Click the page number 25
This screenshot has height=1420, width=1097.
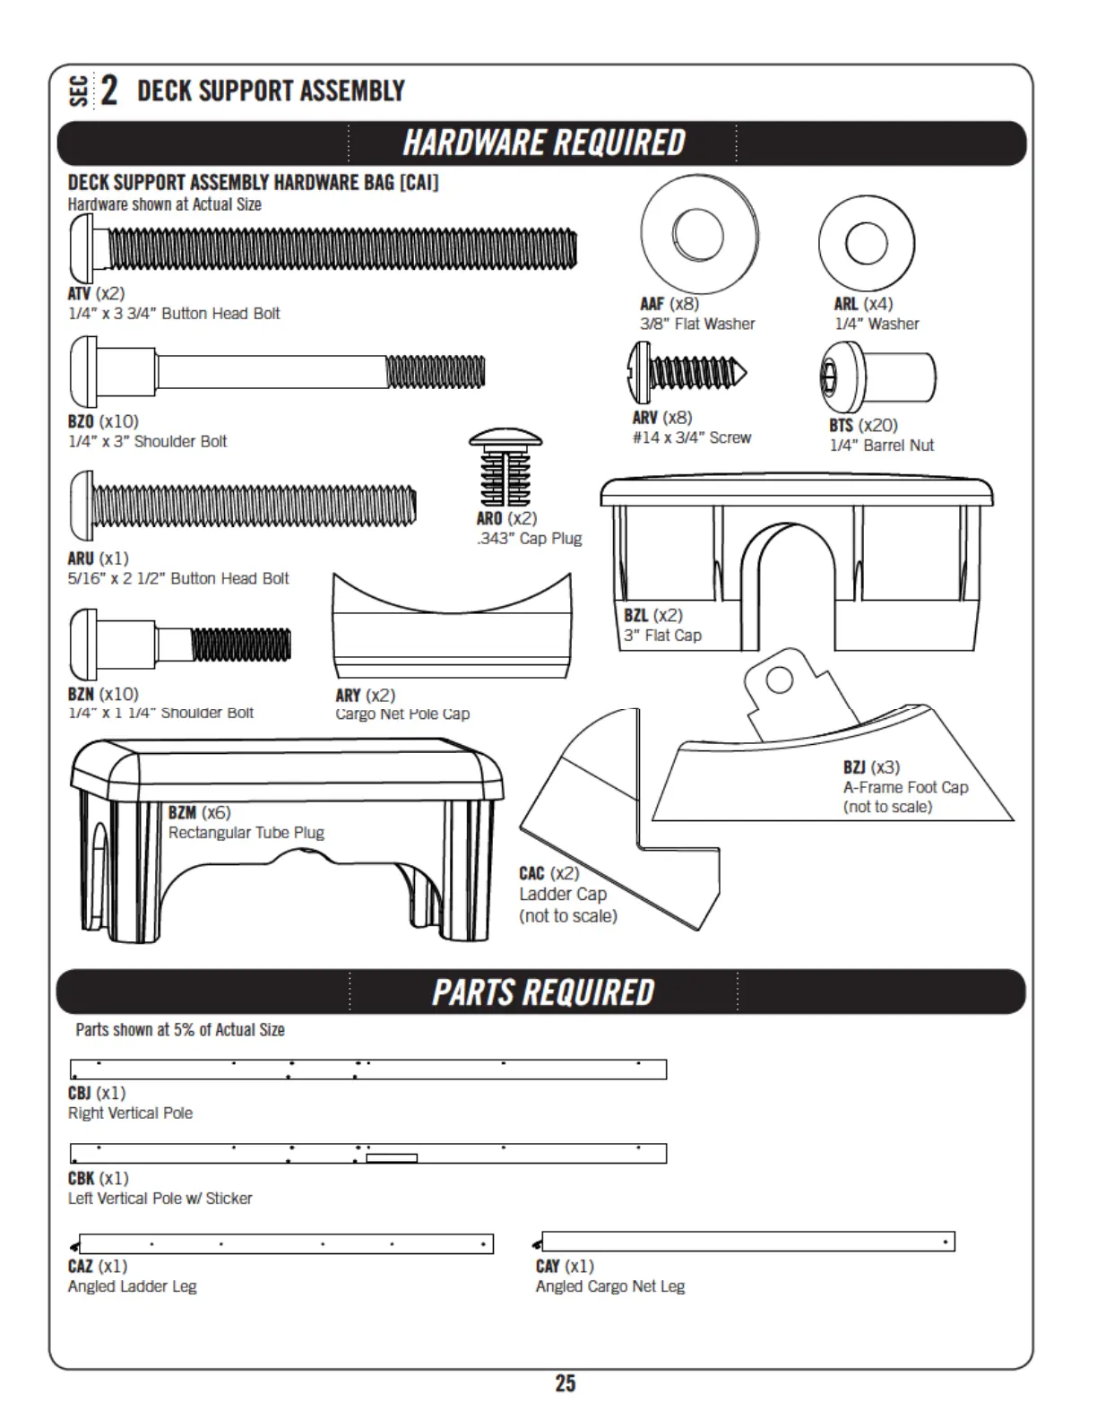tap(565, 1383)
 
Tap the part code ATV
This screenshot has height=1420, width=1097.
tap(79, 293)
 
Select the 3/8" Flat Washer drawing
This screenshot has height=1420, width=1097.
tap(699, 233)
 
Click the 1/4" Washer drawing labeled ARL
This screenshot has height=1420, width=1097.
tap(866, 243)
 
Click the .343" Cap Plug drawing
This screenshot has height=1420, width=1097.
tap(505, 468)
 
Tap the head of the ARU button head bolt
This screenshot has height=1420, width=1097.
tap(81, 507)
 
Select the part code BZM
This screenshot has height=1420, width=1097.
tap(182, 812)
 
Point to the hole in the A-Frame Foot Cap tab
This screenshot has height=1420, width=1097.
tap(779, 680)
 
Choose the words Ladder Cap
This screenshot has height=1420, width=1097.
tap(562, 894)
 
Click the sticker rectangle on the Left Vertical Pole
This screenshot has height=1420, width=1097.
tap(392, 1158)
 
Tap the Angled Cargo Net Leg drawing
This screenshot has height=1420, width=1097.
tap(747, 1242)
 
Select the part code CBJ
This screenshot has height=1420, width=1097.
tap(80, 1093)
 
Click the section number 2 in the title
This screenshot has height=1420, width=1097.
tap(108, 91)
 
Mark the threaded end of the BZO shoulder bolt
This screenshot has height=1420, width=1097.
tap(435, 371)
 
